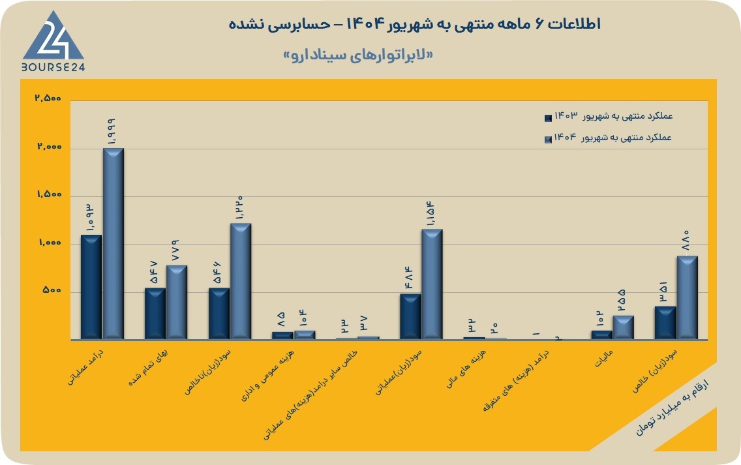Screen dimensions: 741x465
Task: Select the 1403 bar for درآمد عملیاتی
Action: point(91,287)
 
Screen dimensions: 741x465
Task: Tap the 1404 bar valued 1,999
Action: point(113,243)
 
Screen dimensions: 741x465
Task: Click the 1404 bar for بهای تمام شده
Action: point(177,302)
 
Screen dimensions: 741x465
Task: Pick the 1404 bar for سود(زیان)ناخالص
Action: point(241,281)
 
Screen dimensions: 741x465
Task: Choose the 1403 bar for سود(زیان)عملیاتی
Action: point(410,316)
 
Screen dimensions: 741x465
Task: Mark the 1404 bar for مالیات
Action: point(624,327)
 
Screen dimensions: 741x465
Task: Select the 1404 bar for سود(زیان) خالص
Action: point(687,297)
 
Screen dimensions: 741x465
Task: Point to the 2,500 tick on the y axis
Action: point(48,98)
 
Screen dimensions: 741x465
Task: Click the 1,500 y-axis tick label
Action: point(50,194)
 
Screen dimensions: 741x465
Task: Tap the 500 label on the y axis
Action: point(52,290)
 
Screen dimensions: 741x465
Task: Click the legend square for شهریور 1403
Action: point(548,117)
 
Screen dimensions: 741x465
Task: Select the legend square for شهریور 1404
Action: point(548,140)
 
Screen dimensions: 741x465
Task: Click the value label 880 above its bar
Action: point(686,240)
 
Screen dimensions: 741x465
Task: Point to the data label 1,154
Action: point(430,213)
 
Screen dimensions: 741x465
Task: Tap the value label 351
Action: point(663,292)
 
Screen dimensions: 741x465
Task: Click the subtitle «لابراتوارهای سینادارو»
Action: point(357,55)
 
